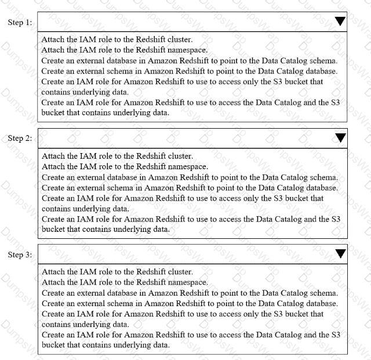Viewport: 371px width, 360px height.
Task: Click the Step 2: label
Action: click(20, 138)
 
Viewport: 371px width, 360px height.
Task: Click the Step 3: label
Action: click(20, 254)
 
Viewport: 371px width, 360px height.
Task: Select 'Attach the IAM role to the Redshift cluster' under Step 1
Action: click(117, 40)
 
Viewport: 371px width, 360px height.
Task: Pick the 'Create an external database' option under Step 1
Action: click(190, 61)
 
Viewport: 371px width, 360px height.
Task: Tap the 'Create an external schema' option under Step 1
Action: click(190, 71)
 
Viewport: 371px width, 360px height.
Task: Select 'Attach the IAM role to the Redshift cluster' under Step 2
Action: click(117, 156)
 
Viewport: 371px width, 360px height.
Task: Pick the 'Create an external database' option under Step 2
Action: click(190, 177)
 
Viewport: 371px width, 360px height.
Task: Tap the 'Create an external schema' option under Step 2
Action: click(190, 187)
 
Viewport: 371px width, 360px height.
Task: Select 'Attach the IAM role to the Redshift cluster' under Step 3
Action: click(117, 271)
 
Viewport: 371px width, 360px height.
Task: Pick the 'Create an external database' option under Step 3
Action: click(190, 292)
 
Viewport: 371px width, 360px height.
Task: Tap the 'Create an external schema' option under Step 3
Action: click(190, 303)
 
